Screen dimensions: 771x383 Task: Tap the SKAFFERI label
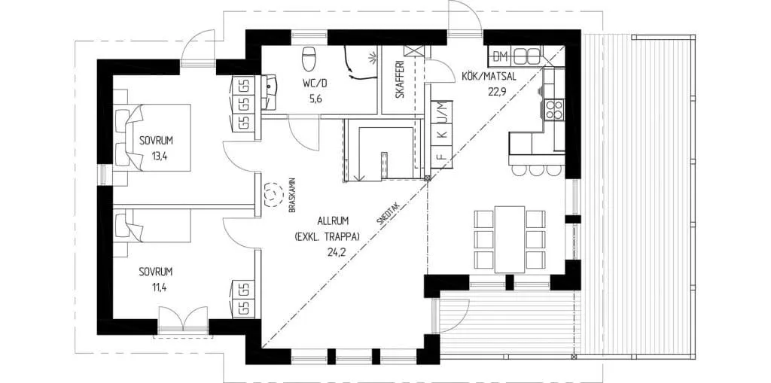pos(400,79)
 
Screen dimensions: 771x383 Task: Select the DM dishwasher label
pos(500,57)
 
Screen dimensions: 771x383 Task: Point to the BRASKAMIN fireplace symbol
pos(270,195)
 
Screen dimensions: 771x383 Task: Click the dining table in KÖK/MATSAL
pos(510,239)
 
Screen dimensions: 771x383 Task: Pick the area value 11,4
pos(156,288)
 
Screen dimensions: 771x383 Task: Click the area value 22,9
pos(498,91)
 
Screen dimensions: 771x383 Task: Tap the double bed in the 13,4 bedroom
pos(151,137)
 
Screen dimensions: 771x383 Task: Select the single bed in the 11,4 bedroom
pos(151,226)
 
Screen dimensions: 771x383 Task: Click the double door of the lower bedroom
pos(183,320)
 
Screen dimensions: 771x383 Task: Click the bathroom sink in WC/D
pos(269,93)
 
